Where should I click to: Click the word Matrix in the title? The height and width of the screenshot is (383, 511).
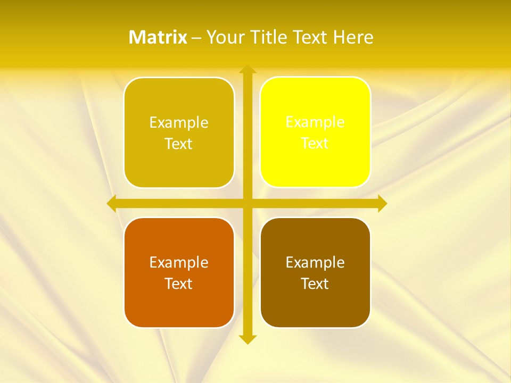pos(158,37)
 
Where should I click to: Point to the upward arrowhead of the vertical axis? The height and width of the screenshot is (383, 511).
pos(247,69)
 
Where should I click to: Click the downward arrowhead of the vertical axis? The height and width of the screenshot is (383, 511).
pos(247,339)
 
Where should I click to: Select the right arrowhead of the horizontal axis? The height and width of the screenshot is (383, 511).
pos(382,203)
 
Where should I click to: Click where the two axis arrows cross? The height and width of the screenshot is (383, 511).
pos(247,203)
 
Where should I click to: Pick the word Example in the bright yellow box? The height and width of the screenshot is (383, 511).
pos(315,122)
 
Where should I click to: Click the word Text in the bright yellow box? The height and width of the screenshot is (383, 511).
pos(315,144)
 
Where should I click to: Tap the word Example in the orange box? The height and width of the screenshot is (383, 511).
pos(179,262)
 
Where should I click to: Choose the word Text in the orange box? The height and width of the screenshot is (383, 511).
pos(179,284)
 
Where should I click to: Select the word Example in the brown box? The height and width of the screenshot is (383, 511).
pos(315,262)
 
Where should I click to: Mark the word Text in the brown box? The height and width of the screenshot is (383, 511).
pos(315,284)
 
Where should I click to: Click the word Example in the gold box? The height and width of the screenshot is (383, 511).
pos(179,122)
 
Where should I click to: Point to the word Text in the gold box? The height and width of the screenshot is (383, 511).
pos(179,144)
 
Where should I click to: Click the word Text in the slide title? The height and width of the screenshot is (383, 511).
pos(310,37)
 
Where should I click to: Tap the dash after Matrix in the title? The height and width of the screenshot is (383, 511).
pos(196,38)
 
